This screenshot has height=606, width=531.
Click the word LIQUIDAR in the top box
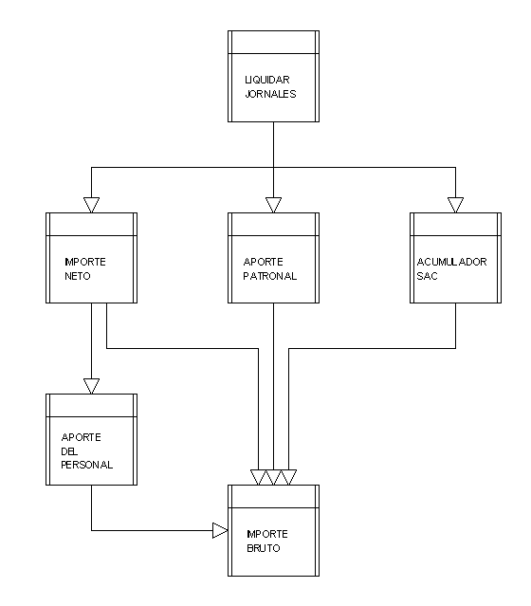point(267,80)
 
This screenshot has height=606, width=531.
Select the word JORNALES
point(270,94)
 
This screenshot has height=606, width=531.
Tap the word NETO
point(78,276)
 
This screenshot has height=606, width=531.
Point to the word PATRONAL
point(269,276)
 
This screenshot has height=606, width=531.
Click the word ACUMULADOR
point(451,262)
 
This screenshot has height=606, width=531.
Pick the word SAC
point(427,276)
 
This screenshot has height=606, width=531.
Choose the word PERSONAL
point(87,465)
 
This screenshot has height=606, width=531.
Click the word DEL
point(69,451)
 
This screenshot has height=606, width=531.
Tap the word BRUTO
point(264,548)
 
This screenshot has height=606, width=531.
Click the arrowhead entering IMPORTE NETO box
point(92,205)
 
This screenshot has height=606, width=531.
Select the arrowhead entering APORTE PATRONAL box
point(274,205)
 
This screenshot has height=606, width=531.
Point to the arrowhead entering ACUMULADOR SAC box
point(456,205)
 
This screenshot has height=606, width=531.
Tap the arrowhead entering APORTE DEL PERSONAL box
point(92,386)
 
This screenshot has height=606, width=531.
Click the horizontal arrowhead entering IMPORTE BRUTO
point(220,530)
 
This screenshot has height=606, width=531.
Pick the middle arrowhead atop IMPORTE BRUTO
point(274,477)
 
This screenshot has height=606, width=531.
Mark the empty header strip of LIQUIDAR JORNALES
point(274,42)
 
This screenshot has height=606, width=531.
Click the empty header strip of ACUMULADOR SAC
point(456,224)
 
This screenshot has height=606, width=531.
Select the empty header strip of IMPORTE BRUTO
point(274,497)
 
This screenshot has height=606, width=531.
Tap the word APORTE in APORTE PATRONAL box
point(264,262)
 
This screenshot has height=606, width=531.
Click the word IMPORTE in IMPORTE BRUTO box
point(267,534)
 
